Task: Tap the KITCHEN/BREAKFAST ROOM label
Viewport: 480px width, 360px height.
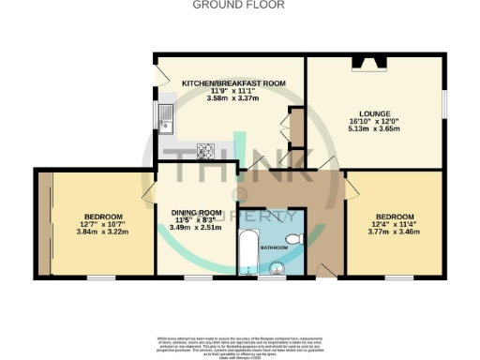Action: tap(232, 82)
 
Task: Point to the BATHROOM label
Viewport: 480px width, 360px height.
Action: tap(274, 247)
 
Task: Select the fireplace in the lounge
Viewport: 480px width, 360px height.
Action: tap(365, 64)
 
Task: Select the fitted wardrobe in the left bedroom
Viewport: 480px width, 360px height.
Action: tap(44, 223)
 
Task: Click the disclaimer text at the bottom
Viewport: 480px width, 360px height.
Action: tap(239, 344)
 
